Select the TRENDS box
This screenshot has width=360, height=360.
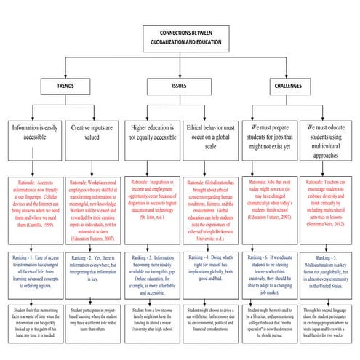[x=66, y=86]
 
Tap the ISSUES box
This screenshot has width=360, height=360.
[x=180, y=86]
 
